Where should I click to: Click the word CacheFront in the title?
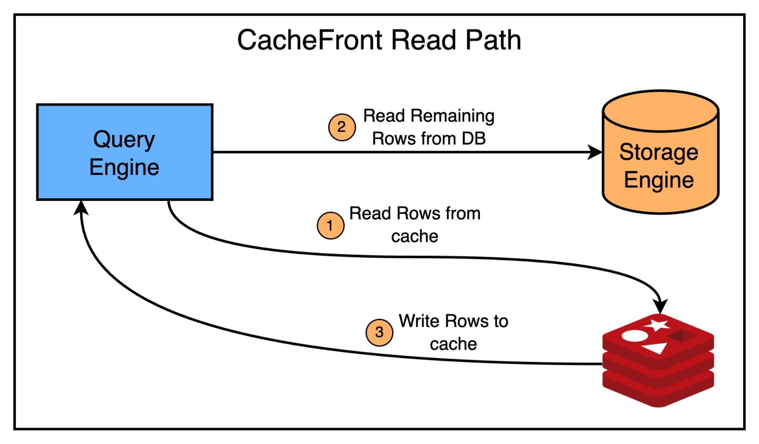[x=310, y=40]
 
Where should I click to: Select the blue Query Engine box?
[x=125, y=152]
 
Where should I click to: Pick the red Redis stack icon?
[x=658, y=361]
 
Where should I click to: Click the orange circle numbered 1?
[x=330, y=226]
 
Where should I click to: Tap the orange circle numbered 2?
[x=342, y=127]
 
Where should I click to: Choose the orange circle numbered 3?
[x=379, y=332]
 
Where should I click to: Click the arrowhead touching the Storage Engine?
[x=595, y=152]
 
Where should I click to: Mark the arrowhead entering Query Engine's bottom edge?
[x=81, y=207]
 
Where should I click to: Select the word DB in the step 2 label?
[x=473, y=139]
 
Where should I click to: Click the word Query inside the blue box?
[x=124, y=140]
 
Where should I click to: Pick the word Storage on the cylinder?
[x=658, y=152]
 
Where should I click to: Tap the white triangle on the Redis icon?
[x=655, y=348]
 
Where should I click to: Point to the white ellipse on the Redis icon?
[x=634, y=336]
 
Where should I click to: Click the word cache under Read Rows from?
[x=415, y=236]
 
